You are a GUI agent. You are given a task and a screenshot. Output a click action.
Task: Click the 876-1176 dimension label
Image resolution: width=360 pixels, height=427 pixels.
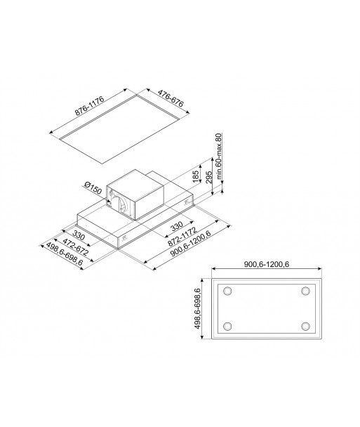pyautogui.click(x=90, y=107)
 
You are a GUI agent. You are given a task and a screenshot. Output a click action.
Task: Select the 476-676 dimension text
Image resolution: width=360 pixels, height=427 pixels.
pyautogui.click(x=171, y=98)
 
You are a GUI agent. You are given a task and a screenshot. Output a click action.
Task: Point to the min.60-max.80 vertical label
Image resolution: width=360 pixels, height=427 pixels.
pyautogui.click(x=220, y=156)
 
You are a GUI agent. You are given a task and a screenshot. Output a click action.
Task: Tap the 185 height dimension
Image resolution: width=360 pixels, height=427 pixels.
pyautogui.click(x=196, y=176)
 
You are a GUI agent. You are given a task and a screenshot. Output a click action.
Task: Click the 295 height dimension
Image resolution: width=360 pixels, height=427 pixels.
pyautogui.click(x=209, y=178)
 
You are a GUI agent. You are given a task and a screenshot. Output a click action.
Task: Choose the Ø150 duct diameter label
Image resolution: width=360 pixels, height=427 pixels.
pyautogui.click(x=93, y=188)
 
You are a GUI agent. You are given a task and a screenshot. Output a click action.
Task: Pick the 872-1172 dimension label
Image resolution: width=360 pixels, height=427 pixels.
pyautogui.click(x=182, y=237)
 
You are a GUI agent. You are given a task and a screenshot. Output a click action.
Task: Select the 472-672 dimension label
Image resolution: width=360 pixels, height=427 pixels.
pyautogui.click(x=75, y=247)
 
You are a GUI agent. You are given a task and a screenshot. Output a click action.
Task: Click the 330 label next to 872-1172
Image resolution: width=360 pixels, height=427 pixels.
pyautogui.click(x=177, y=225)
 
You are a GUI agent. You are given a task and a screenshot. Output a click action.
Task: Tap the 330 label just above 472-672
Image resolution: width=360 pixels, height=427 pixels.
pyautogui.click(x=79, y=235)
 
